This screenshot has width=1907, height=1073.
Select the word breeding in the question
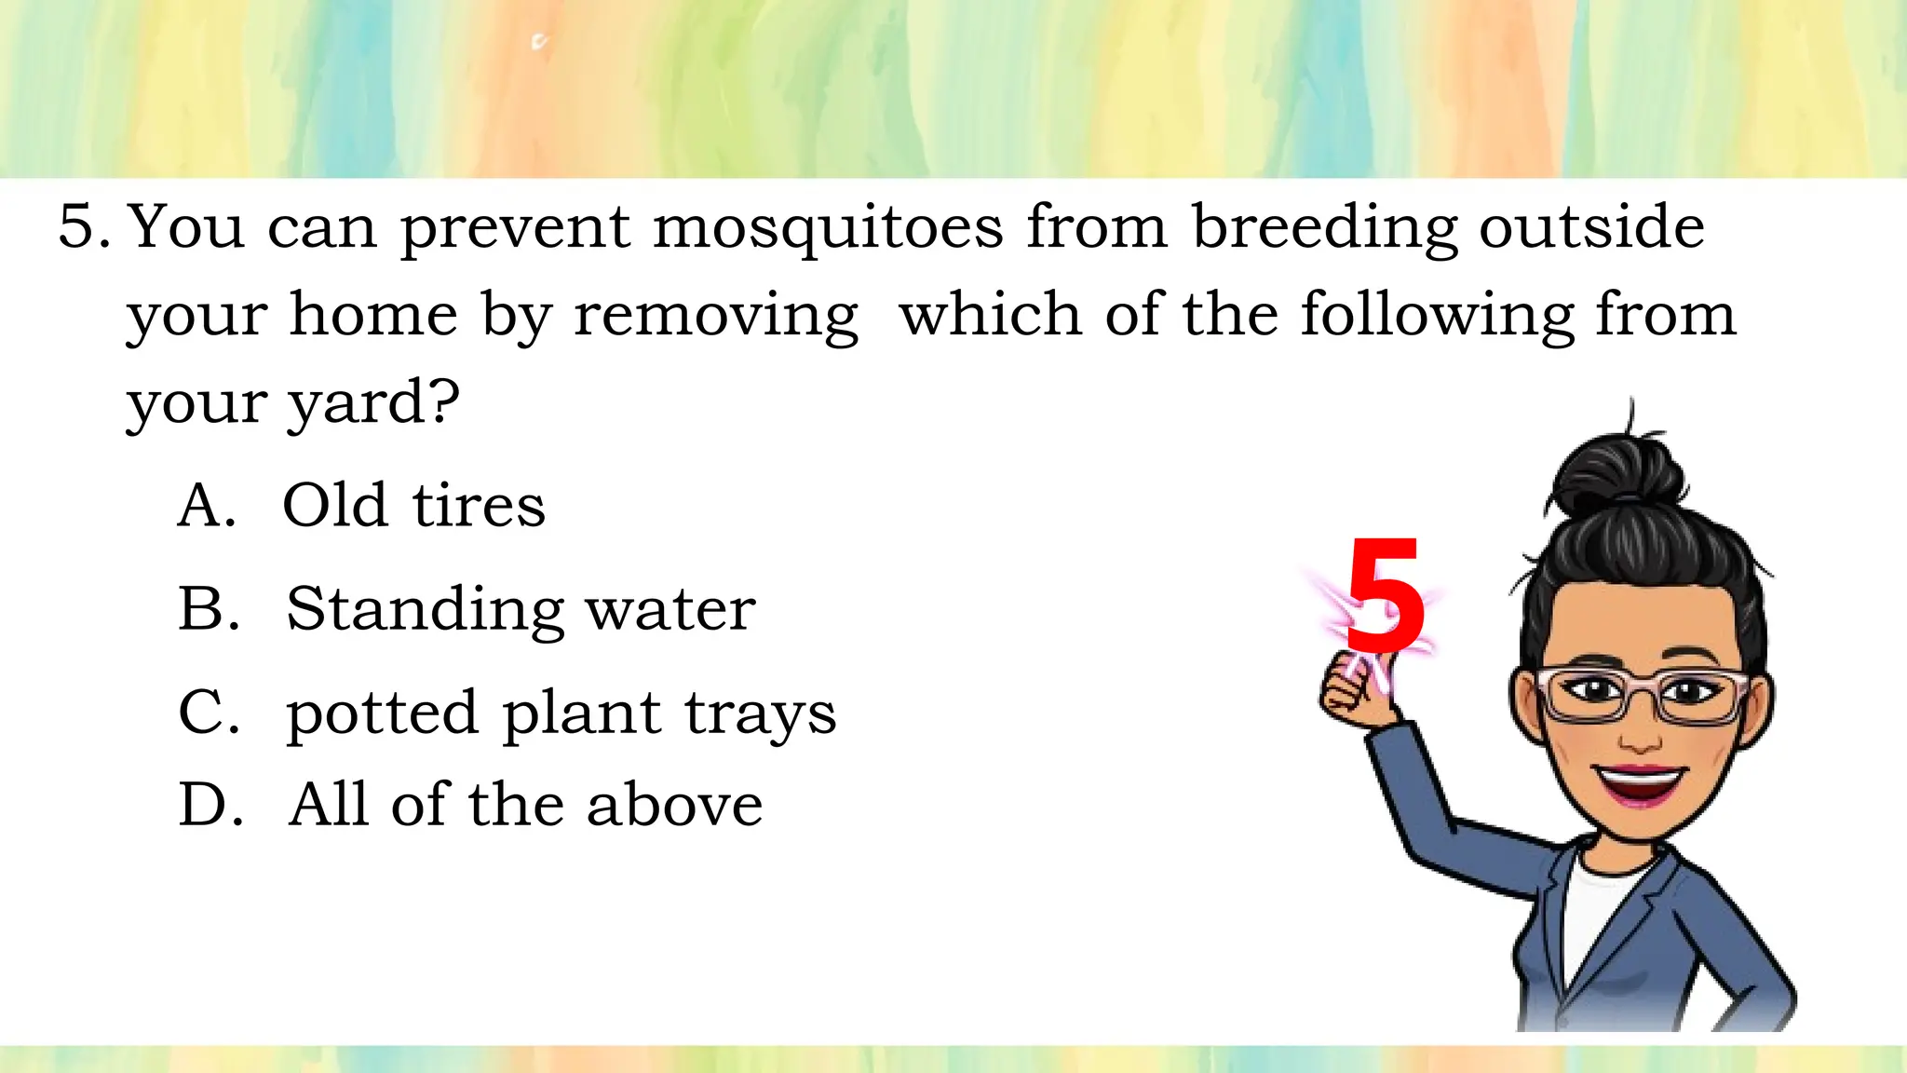click(1324, 228)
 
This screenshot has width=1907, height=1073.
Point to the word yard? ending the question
click(372, 404)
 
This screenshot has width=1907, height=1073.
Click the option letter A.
click(206, 506)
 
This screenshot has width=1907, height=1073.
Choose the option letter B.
click(209, 609)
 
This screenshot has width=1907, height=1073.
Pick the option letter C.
click(209, 713)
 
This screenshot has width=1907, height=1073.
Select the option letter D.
click(210, 805)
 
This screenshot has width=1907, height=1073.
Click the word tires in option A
click(479, 506)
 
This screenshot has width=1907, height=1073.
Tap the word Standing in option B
click(425, 611)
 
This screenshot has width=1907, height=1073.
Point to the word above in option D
click(674, 805)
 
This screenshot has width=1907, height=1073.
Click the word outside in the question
click(1591, 228)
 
